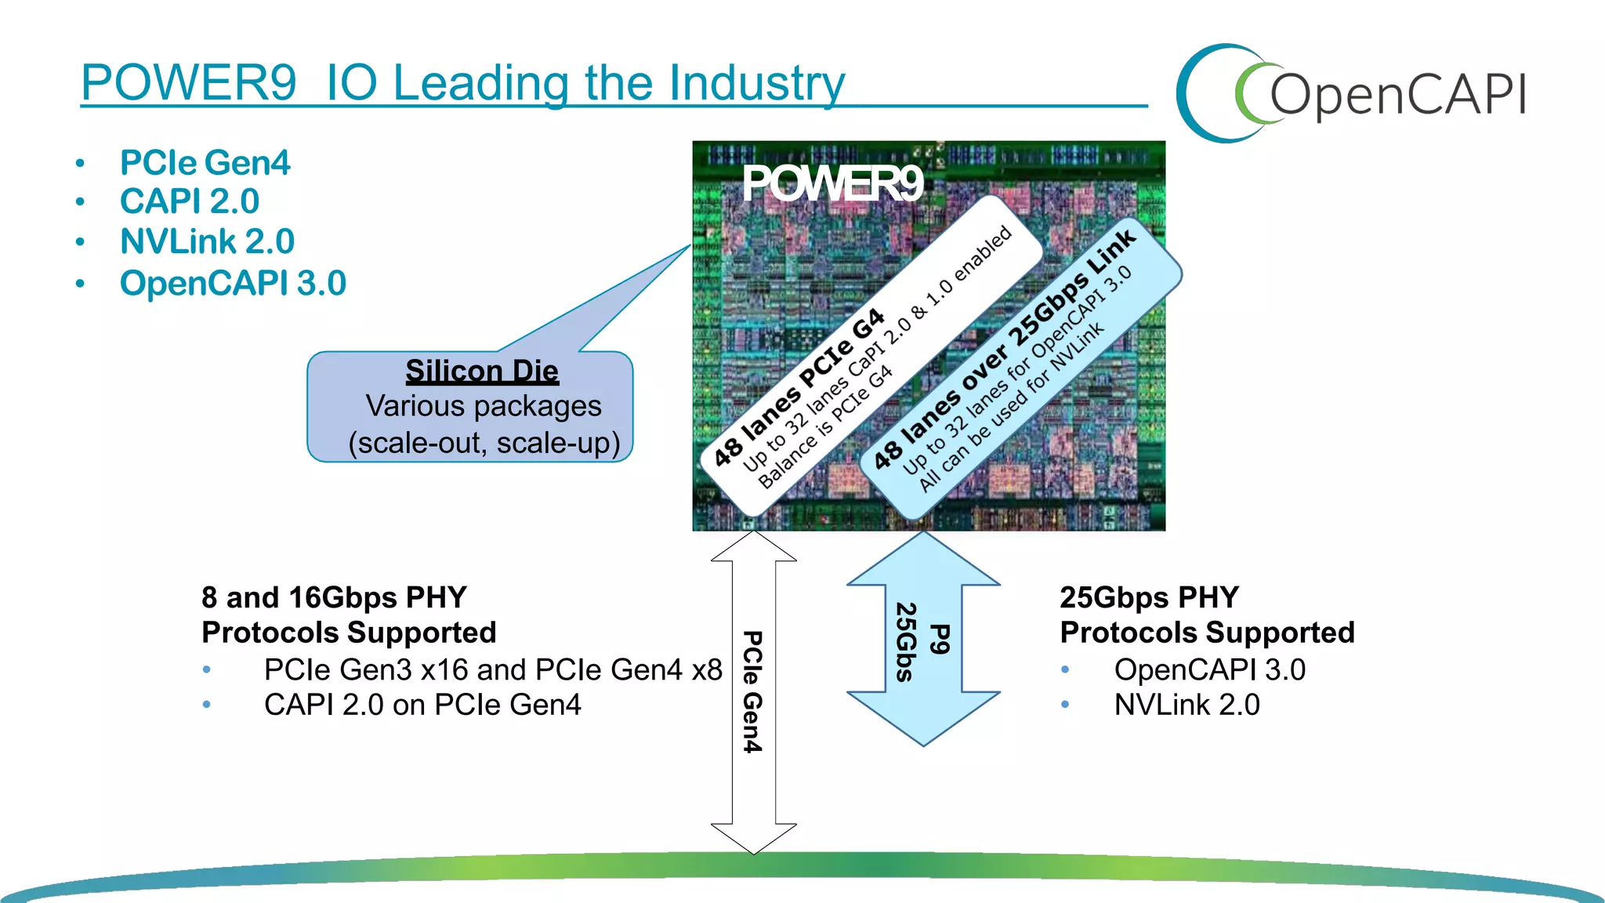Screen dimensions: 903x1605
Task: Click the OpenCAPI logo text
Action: [1397, 96]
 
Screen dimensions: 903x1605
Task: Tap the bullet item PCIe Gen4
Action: [205, 163]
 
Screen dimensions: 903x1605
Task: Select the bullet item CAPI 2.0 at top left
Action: [189, 201]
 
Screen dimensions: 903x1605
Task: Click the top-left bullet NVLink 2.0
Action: [207, 241]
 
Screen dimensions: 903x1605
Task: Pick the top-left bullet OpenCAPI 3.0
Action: [233, 283]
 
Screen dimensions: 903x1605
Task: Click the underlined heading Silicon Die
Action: [482, 371]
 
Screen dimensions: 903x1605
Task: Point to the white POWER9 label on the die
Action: [832, 184]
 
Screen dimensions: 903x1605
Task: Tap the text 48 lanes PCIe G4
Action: [799, 387]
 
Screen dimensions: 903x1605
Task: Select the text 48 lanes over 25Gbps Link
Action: [1004, 348]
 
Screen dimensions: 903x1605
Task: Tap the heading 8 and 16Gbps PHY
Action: [334, 597]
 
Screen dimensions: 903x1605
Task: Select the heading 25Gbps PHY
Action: [1149, 597]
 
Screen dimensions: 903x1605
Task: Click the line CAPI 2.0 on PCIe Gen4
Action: [422, 705]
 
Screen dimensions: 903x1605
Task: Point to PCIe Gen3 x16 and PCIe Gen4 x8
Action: [492, 669]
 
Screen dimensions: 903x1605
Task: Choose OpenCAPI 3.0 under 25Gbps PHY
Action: [1209, 669]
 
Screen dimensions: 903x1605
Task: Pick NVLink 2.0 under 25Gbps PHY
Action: [1187, 705]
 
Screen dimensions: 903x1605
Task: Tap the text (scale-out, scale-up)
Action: [484, 443]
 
